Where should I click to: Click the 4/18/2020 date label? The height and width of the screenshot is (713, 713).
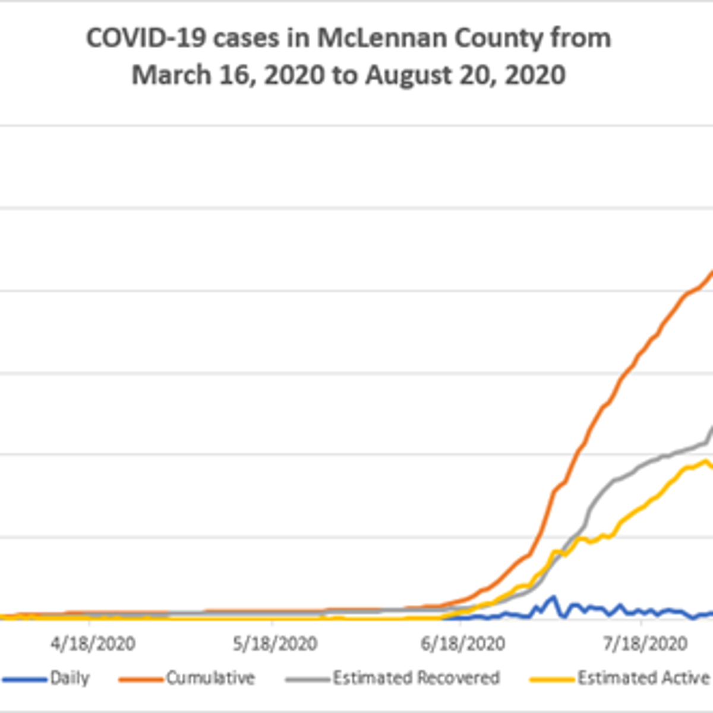click(x=93, y=643)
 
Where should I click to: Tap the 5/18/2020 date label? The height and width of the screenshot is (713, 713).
click(x=275, y=643)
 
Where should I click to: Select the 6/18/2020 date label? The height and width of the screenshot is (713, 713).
click(x=463, y=643)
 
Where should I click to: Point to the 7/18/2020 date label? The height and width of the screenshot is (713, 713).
click(x=645, y=643)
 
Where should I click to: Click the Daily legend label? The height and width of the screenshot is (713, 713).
click(x=70, y=678)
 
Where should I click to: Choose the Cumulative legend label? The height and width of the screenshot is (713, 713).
click(x=210, y=678)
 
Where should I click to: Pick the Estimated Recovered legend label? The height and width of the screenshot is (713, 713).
click(x=416, y=678)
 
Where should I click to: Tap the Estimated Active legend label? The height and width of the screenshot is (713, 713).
click(x=643, y=678)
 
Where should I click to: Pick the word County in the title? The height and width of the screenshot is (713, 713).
click(x=499, y=39)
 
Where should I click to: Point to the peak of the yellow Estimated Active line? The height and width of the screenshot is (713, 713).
click(x=705, y=461)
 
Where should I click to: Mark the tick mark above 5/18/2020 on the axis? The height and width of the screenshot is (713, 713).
click(x=272, y=622)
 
